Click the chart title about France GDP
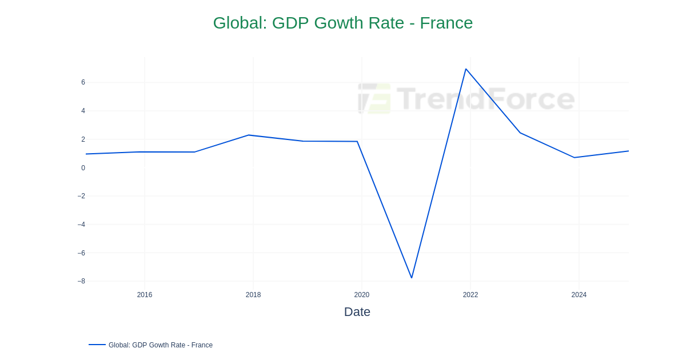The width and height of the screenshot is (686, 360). [x=343, y=23]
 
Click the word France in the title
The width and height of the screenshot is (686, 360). [x=446, y=23]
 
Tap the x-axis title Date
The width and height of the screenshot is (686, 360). [x=357, y=312]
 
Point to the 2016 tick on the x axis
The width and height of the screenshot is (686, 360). [x=145, y=295]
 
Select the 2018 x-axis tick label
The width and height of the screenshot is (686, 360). [x=253, y=295]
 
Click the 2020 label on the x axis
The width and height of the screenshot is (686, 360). [x=362, y=295]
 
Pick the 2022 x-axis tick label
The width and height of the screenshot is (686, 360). [x=470, y=295]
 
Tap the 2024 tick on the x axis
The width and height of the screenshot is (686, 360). [x=579, y=295]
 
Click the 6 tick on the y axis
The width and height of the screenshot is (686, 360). [x=83, y=82]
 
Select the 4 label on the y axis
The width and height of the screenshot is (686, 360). [x=83, y=111]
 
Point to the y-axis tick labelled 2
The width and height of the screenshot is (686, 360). [x=83, y=139]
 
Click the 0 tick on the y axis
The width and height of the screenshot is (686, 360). [x=83, y=168]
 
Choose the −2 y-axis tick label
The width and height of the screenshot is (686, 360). [x=81, y=196]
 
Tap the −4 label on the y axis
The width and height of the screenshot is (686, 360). [x=81, y=225]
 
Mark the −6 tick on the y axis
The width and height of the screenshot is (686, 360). [x=81, y=253]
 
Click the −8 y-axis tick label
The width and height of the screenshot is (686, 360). [x=81, y=281]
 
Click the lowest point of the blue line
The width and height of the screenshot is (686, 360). [x=412, y=278]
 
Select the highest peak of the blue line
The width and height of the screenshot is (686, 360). [x=466, y=69]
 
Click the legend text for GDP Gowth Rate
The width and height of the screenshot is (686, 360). [x=161, y=345]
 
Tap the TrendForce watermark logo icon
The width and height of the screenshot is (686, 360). [x=374, y=98]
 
